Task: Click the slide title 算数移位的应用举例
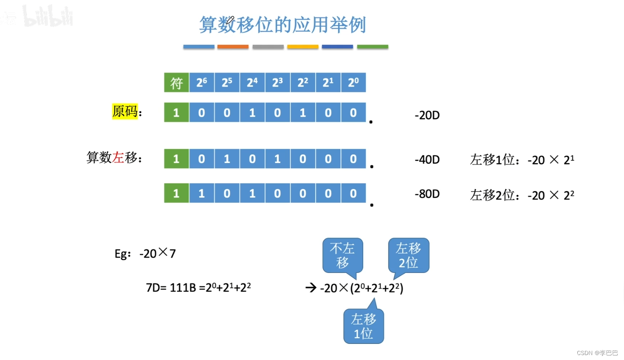[282, 25]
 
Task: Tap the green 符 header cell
[176, 82]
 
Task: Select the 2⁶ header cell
[201, 82]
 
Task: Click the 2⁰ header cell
[353, 82]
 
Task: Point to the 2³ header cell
[277, 82]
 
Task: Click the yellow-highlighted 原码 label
[125, 111]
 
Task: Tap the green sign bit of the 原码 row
[176, 113]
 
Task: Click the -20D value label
[427, 115]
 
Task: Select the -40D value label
[427, 160]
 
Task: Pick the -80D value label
[427, 194]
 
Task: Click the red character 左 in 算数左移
[118, 158]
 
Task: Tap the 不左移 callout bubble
[343, 255]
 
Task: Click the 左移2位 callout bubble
[409, 255]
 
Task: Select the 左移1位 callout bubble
[364, 326]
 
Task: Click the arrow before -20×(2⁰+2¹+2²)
[311, 287]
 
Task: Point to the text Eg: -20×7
[145, 253]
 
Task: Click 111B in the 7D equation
[182, 287]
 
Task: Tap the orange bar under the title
[233, 47]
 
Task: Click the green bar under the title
[372, 47]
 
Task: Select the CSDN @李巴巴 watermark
[597, 353]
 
